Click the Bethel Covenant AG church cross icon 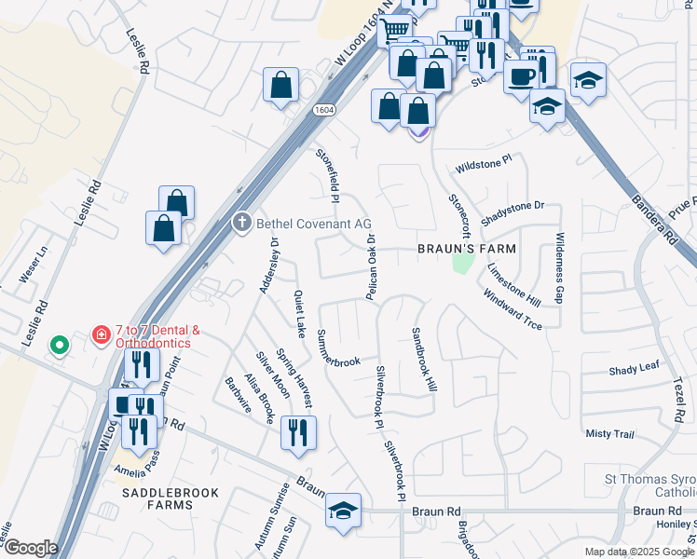241,223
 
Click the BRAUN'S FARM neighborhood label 466,250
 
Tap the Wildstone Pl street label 483,165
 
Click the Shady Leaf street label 635,370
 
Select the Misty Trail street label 609,434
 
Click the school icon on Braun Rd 343,511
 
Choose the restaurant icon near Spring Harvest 298,432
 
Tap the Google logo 30,548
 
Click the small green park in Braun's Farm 459,265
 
